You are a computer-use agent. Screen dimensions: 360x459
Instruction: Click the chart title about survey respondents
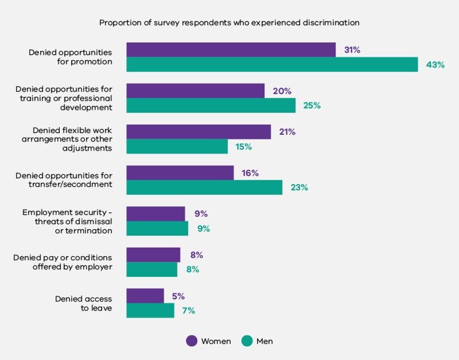[x=229, y=23]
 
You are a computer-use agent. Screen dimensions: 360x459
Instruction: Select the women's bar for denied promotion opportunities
[x=231, y=50]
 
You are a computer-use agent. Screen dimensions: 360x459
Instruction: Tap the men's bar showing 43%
[x=272, y=64]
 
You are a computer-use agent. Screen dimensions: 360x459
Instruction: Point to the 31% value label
[x=352, y=50]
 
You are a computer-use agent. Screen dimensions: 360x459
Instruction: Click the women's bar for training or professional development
[x=195, y=91]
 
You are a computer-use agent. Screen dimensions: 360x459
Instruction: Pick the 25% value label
[x=312, y=106]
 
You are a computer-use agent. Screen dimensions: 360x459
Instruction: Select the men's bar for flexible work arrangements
[x=177, y=146]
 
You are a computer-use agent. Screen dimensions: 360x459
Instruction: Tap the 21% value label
[x=287, y=132]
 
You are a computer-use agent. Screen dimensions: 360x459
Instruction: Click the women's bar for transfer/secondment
[x=180, y=173]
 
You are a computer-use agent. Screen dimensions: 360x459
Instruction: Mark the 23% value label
[x=299, y=187]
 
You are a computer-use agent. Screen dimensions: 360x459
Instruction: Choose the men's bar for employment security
[x=157, y=229]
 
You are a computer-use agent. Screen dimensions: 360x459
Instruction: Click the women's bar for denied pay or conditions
[x=153, y=255]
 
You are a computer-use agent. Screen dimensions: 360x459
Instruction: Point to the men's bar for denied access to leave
[x=150, y=310]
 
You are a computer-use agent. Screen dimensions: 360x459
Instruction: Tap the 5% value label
[x=178, y=296]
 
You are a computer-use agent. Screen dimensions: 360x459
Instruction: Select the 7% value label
[x=188, y=310]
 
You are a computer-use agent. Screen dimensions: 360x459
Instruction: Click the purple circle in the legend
[x=192, y=341]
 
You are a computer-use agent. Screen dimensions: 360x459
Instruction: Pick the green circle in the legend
[x=247, y=341]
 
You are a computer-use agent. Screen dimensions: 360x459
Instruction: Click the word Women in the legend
[x=216, y=341]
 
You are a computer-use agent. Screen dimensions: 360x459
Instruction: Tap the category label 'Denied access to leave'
[x=83, y=304]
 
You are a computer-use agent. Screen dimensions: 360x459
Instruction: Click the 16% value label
[x=250, y=173]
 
